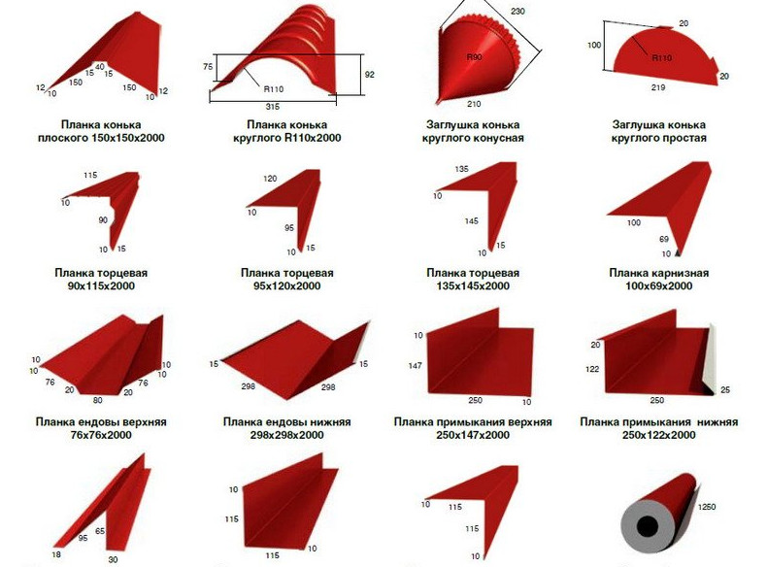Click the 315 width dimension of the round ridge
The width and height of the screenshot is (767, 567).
click(273, 107)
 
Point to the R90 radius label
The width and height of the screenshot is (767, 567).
click(474, 57)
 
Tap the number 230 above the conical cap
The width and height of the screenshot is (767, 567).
click(517, 11)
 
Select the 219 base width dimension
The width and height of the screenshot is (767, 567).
click(658, 87)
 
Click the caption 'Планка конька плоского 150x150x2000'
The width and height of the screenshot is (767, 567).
click(101, 131)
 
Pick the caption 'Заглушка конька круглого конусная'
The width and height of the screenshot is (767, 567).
click(473, 131)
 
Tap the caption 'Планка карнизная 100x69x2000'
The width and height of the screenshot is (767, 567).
click(659, 280)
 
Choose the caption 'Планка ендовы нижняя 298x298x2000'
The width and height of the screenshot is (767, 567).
click(287, 428)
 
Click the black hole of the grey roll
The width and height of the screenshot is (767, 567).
click(648, 527)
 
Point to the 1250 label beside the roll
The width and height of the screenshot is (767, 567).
click(706, 507)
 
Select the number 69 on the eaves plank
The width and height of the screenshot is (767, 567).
click(664, 239)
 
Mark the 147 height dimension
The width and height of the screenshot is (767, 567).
click(415, 365)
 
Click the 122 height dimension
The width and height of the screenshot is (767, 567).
click(592, 369)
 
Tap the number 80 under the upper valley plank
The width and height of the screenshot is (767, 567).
click(98, 400)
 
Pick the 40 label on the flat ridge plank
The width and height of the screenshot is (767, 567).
click(100, 67)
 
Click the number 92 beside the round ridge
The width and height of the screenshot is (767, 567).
click(369, 75)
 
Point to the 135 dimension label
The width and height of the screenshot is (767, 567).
click(462, 169)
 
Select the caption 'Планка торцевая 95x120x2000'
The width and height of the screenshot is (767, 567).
click(287, 280)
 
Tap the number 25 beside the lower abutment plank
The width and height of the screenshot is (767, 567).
click(725, 390)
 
